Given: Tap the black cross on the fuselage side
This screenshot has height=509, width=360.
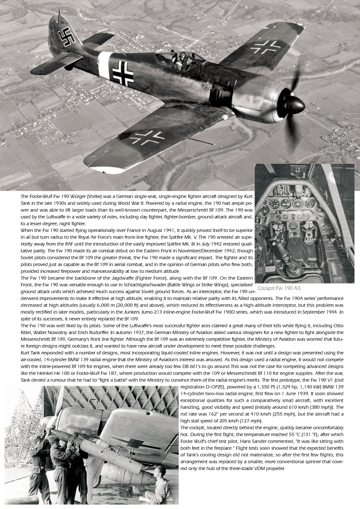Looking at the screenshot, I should (x=123, y=73).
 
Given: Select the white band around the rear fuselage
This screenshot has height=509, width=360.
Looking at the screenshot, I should (x=105, y=65).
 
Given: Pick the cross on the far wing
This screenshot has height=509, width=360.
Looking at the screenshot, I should (x=265, y=47).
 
